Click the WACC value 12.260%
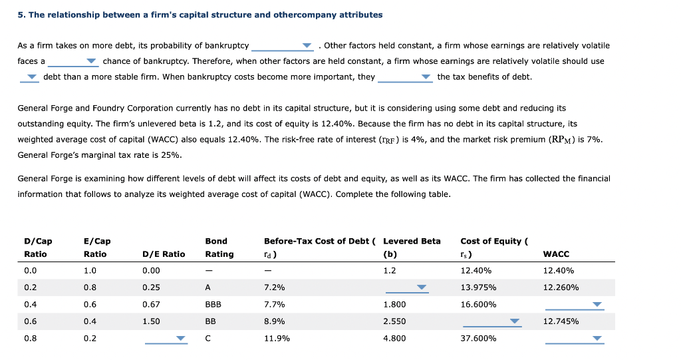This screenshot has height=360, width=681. click(561, 287)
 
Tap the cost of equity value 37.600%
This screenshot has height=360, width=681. click(477, 338)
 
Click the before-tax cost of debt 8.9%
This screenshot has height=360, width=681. click(274, 321)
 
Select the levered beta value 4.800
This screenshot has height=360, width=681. click(394, 338)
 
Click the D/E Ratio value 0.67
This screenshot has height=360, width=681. click(151, 304)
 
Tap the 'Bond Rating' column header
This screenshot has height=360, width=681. click(219, 248)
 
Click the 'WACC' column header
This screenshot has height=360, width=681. click(556, 254)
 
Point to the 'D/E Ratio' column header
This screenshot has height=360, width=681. click(164, 254)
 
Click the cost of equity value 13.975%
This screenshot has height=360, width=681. click(477, 287)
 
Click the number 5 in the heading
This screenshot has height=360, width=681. click(20, 15)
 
